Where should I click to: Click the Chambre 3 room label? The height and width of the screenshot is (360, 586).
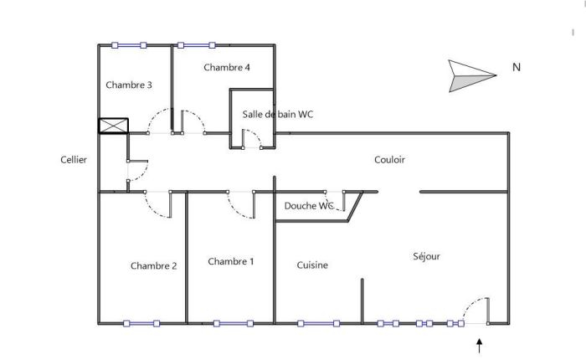(128, 85)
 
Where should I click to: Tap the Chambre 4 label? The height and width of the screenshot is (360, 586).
(226, 68)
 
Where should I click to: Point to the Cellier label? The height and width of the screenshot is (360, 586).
(74, 160)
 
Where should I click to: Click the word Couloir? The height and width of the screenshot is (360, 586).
(389, 160)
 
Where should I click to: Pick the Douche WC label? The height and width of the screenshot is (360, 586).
(309, 206)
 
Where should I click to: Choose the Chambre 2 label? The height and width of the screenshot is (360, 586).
(153, 266)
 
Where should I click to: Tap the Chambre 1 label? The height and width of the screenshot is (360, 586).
(230, 262)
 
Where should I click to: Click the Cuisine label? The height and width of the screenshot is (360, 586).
(312, 265)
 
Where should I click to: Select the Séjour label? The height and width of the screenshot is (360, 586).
(426, 256)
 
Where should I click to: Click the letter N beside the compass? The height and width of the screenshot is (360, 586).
(517, 68)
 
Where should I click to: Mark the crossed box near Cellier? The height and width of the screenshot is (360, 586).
(113, 126)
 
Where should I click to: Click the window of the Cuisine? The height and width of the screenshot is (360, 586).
(317, 323)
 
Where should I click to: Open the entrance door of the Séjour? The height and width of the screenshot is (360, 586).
(475, 322)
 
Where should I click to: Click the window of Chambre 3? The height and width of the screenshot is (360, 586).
(129, 45)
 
